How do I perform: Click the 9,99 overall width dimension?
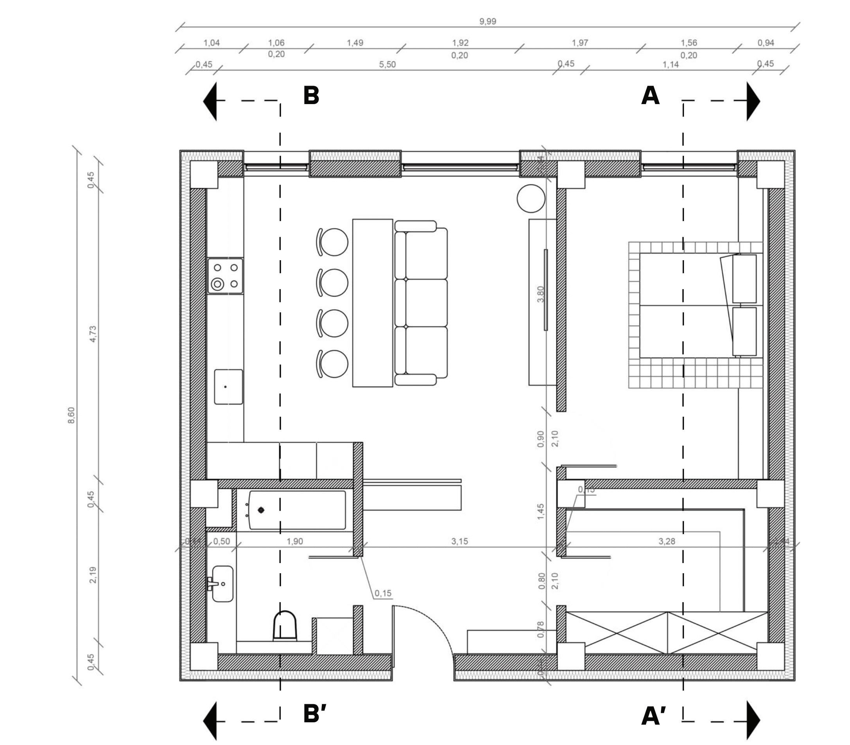click(x=487, y=21)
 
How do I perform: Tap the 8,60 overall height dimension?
click(x=72, y=415)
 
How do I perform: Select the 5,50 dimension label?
click(x=387, y=65)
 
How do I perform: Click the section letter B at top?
click(x=311, y=95)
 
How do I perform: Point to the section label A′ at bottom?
click(x=653, y=716)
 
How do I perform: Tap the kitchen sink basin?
click(x=228, y=387)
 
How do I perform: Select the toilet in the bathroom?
click(x=285, y=626)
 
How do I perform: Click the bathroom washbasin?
click(x=222, y=584)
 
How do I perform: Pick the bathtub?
click(x=297, y=510)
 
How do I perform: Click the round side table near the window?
click(x=531, y=199)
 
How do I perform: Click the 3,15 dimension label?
click(x=459, y=541)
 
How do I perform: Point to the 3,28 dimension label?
click(x=666, y=541)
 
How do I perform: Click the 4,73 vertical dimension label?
click(x=93, y=334)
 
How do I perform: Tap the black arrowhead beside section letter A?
click(x=753, y=101)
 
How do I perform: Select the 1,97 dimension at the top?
click(x=579, y=43)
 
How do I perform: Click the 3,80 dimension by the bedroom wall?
click(x=540, y=294)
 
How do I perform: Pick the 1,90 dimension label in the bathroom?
click(x=294, y=541)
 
